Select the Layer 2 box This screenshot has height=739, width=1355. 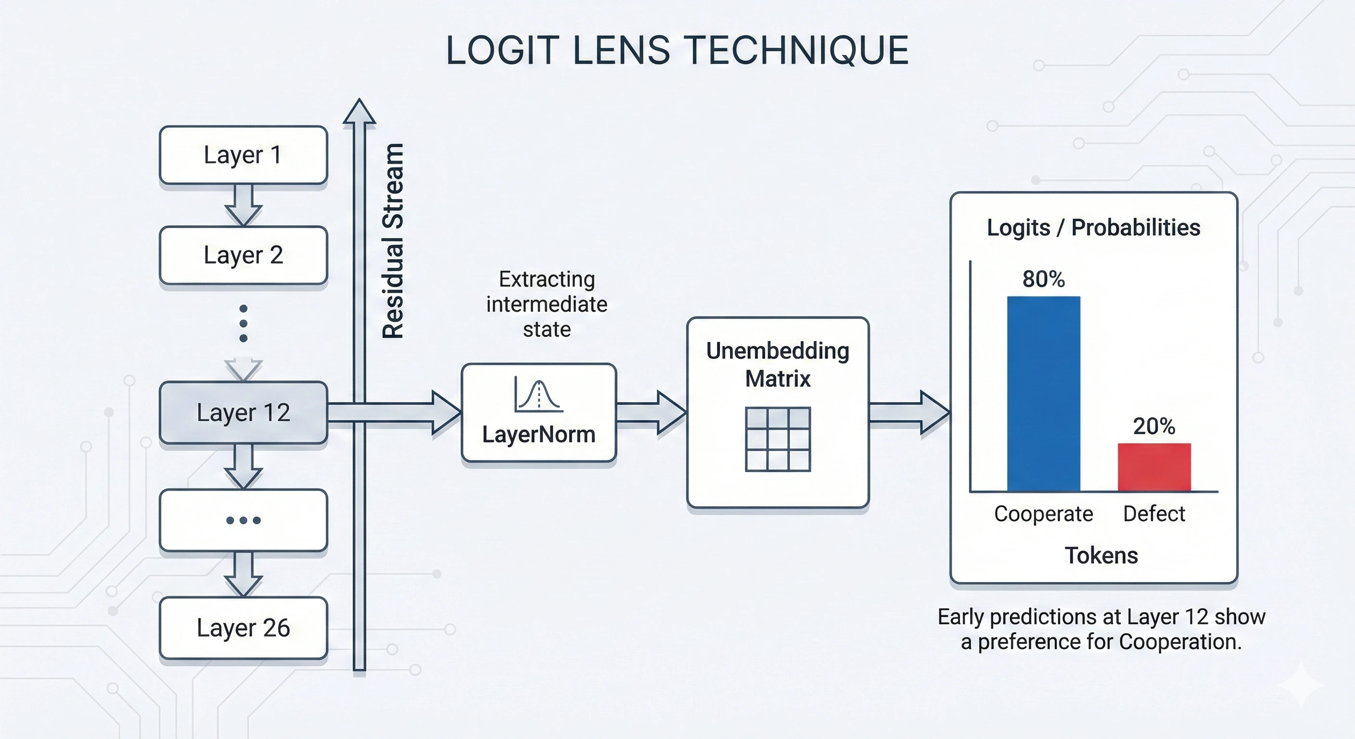tap(243, 255)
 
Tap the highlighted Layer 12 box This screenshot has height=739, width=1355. tap(243, 412)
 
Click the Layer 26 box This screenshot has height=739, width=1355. tap(243, 627)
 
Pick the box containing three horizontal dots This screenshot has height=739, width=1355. tap(243, 520)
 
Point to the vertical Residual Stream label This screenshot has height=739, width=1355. tap(393, 241)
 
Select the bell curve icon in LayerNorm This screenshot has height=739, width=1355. tap(538, 395)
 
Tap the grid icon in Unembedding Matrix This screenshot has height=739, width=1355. tap(778, 439)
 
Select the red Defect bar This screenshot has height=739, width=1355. tap(1154, 467)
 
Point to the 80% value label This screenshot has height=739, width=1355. tap(1043, 279)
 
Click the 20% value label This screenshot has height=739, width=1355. tap(1154, 426)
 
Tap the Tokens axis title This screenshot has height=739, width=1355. tap(1101, 555)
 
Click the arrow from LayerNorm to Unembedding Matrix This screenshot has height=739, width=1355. tap(651, 412)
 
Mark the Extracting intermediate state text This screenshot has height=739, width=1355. tap(547, 304)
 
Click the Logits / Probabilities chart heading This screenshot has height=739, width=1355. tap(1093, 228)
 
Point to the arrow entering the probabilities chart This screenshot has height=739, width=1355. tap(909, 412)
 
